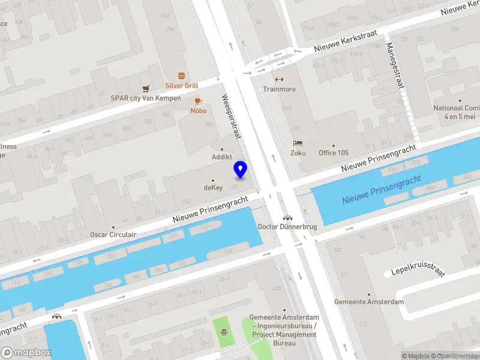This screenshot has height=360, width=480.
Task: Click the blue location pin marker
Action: pyautogui.click(x=241, y=169)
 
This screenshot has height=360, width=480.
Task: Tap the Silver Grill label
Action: pyautogui.click(x=182, y=86)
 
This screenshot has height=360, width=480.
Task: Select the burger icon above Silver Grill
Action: pyautogui.click(x=182, y=76)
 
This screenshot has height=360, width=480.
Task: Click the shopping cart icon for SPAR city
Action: pyautogui.click(x=146, y=89)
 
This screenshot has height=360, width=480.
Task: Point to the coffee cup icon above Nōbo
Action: pyautogui.click(x=198, y=101)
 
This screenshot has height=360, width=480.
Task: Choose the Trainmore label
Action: pyautogui.click(x=279, y=89)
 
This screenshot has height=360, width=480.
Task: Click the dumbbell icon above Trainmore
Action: pyautogui.click(x=279, y=79)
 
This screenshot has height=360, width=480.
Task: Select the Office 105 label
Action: pyautogui.click(x=333, y=153)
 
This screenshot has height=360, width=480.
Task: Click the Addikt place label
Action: pyautogui.click(x=222, y=157)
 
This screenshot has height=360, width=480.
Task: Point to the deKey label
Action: pyautogui.click(x=213, y=188)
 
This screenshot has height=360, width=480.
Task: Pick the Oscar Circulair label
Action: pyautogui.click(x=113, y=235)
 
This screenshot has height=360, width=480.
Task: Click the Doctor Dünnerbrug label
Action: pyautogui.click(x=287, y=227)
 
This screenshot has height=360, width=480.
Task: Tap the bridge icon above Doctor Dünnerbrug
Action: pyautogui.click(x=287, y=217)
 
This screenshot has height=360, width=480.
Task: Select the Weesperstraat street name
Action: pyautogui.click(x=231, y=116)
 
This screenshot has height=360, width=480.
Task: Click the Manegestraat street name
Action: pyautogui.click(x=394, y=66)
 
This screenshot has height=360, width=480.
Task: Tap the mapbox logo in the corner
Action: pyautogui.click(x=26, y=352)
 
